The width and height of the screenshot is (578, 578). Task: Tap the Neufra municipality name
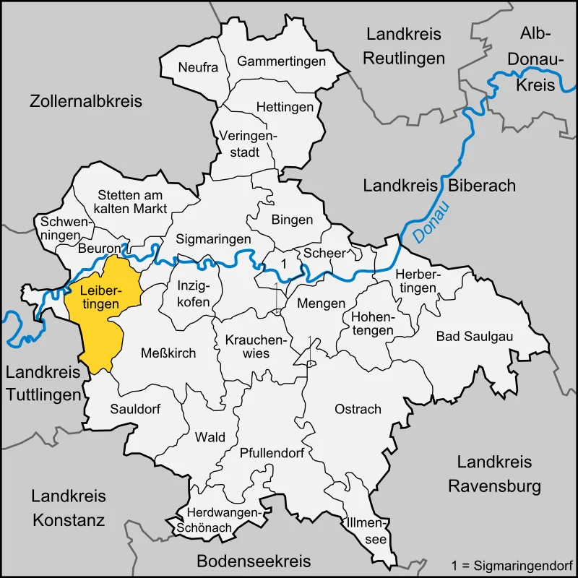(x=198, y=67)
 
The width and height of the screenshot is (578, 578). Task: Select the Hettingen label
(x=285, y=107)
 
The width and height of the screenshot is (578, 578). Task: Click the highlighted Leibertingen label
(x=100, y=298)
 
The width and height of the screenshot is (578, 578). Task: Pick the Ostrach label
(x=358, y=409)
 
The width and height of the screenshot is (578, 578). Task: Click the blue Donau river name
(x=431, y=221)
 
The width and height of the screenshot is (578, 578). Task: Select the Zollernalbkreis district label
(x=86, y=101)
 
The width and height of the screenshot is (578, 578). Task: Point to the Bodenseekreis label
(x=254, y=561)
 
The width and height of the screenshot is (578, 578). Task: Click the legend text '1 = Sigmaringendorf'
(x=512, y=564)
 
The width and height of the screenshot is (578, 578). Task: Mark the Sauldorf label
(x=135, y=409)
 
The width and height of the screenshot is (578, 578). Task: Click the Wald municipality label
(x=210, y=437)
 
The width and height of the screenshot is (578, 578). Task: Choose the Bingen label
(x=292, y=220)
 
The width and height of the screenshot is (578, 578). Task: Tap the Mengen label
(x=322, y=303)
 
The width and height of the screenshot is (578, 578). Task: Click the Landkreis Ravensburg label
(x=494, y=474)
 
